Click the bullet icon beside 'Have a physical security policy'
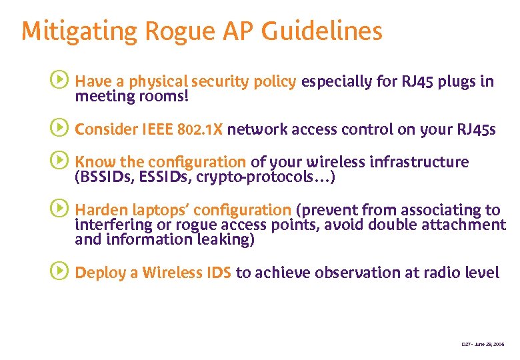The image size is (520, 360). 59,81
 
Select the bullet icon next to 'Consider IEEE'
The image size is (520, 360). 59,128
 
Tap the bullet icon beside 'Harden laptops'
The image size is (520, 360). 59,209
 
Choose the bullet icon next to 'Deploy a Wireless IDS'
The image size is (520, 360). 59,271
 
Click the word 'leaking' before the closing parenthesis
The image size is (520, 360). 223,241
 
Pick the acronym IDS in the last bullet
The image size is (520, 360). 216,272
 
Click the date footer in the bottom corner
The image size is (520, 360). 483,344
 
